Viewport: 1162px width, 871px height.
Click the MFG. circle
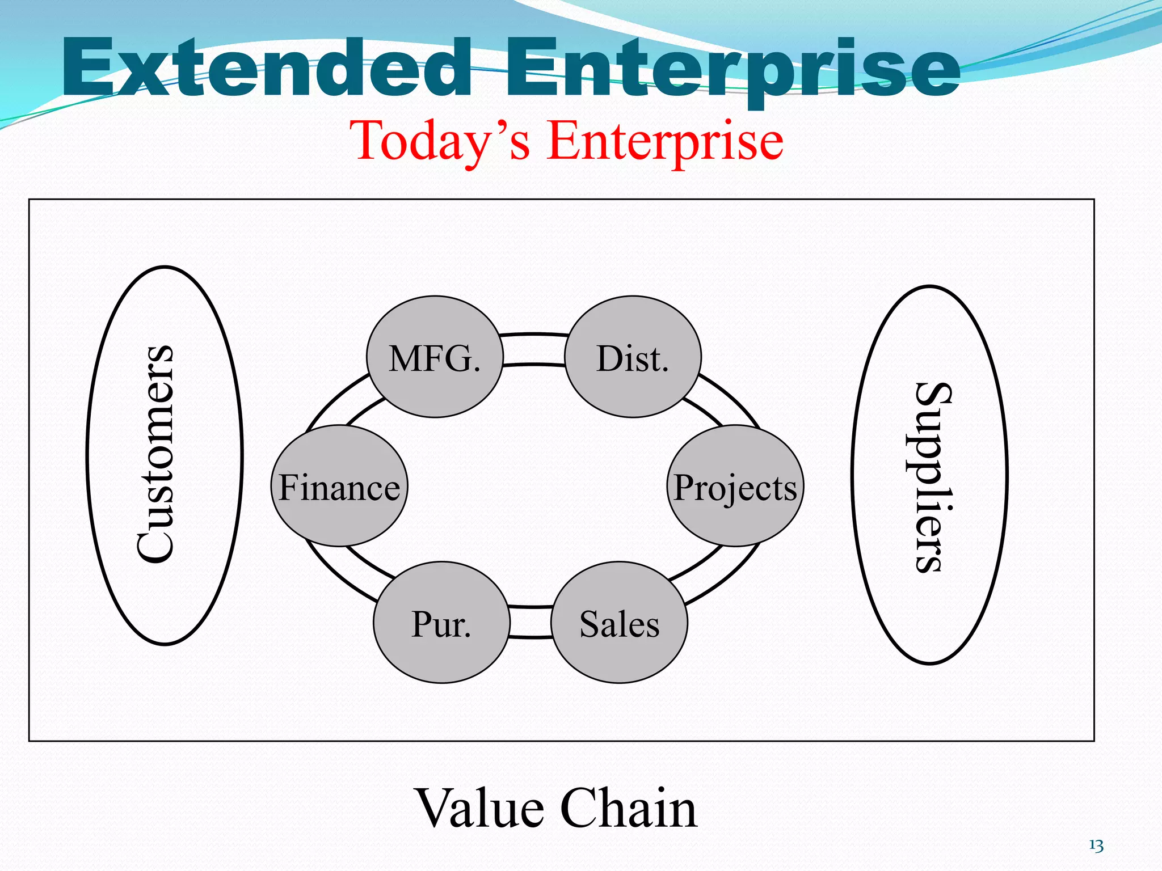point(435,357)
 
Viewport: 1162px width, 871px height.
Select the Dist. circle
point(633,357)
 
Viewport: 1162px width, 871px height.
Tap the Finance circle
point(339,487)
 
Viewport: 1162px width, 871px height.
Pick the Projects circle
point(735,487)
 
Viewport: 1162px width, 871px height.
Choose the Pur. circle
point(441,623)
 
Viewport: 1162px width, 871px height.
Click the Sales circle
point(619,623)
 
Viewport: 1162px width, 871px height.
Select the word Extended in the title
point(267,68)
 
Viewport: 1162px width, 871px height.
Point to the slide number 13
point(1096,846)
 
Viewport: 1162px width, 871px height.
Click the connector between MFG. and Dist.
point(534,349)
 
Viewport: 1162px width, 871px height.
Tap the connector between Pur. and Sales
point(531,622)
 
